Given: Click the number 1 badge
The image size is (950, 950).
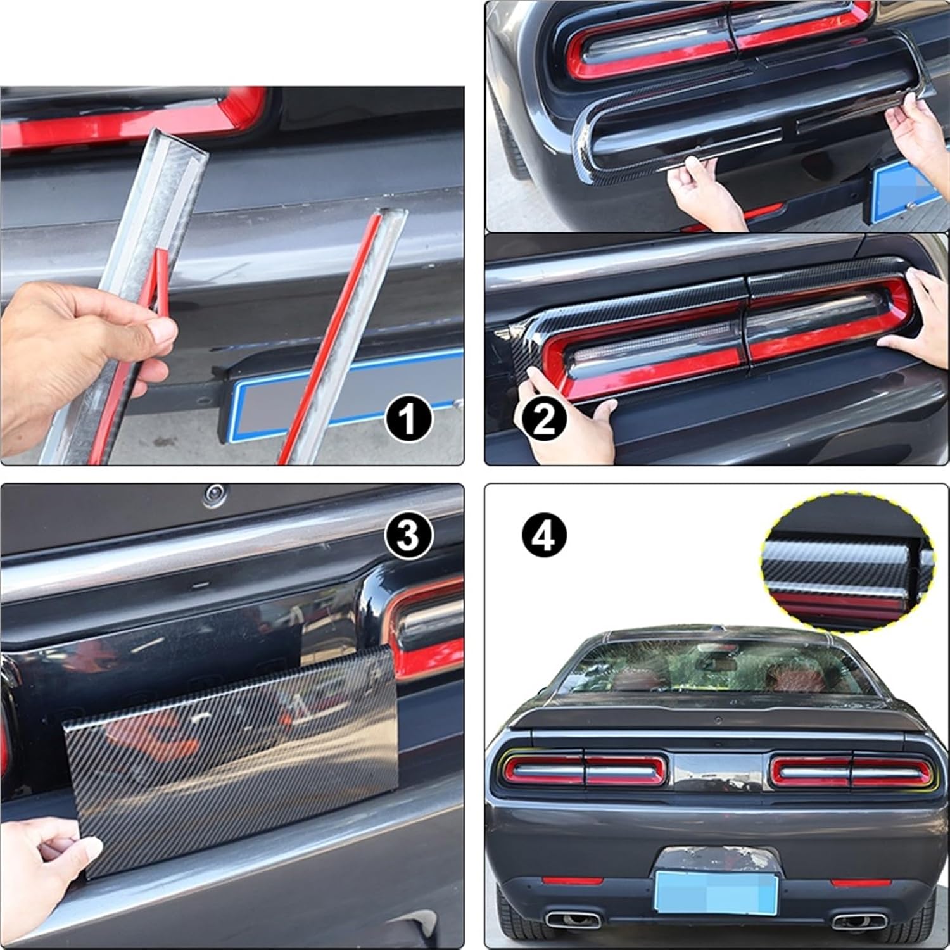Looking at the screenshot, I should (408, 419).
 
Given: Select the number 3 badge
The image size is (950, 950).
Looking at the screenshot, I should (408, 535).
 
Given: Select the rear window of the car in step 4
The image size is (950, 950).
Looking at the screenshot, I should (716, 665).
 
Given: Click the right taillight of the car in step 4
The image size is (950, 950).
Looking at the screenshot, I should (851, 770).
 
